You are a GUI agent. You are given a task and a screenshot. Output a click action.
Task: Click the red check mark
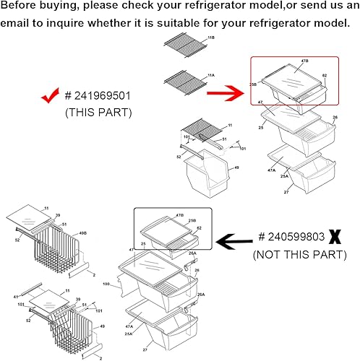(49, 96)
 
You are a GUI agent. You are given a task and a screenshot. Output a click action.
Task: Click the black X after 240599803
(335, 237)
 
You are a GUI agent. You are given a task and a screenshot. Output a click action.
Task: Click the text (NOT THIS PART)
(299, 254)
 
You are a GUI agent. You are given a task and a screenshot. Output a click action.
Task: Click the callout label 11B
(210, 37)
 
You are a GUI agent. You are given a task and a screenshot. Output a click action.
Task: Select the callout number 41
(16, 296)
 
